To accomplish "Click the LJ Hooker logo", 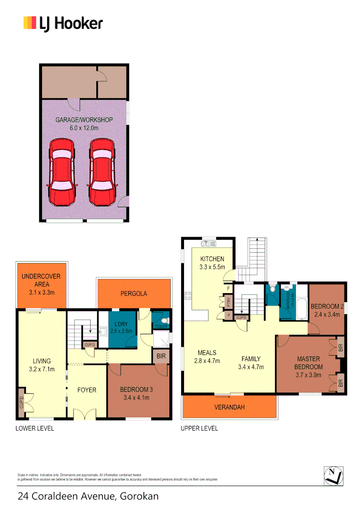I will tap(63, 23).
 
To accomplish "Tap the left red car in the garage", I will tap(62, 172).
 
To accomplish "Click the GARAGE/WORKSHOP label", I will tap(84, 120).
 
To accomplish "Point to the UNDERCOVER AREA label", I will tap(41, 280).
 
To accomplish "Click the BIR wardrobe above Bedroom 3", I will tap(161, 356).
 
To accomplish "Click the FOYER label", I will tap(86, 390).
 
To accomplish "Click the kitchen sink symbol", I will tap(208, 244).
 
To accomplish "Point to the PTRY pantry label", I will tap(228, 301).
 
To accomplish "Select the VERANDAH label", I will tap(229, 407).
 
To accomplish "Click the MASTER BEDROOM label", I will tap(309, 363).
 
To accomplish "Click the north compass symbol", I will tap(334, 475).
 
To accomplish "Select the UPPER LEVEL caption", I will tap(200, 428).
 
